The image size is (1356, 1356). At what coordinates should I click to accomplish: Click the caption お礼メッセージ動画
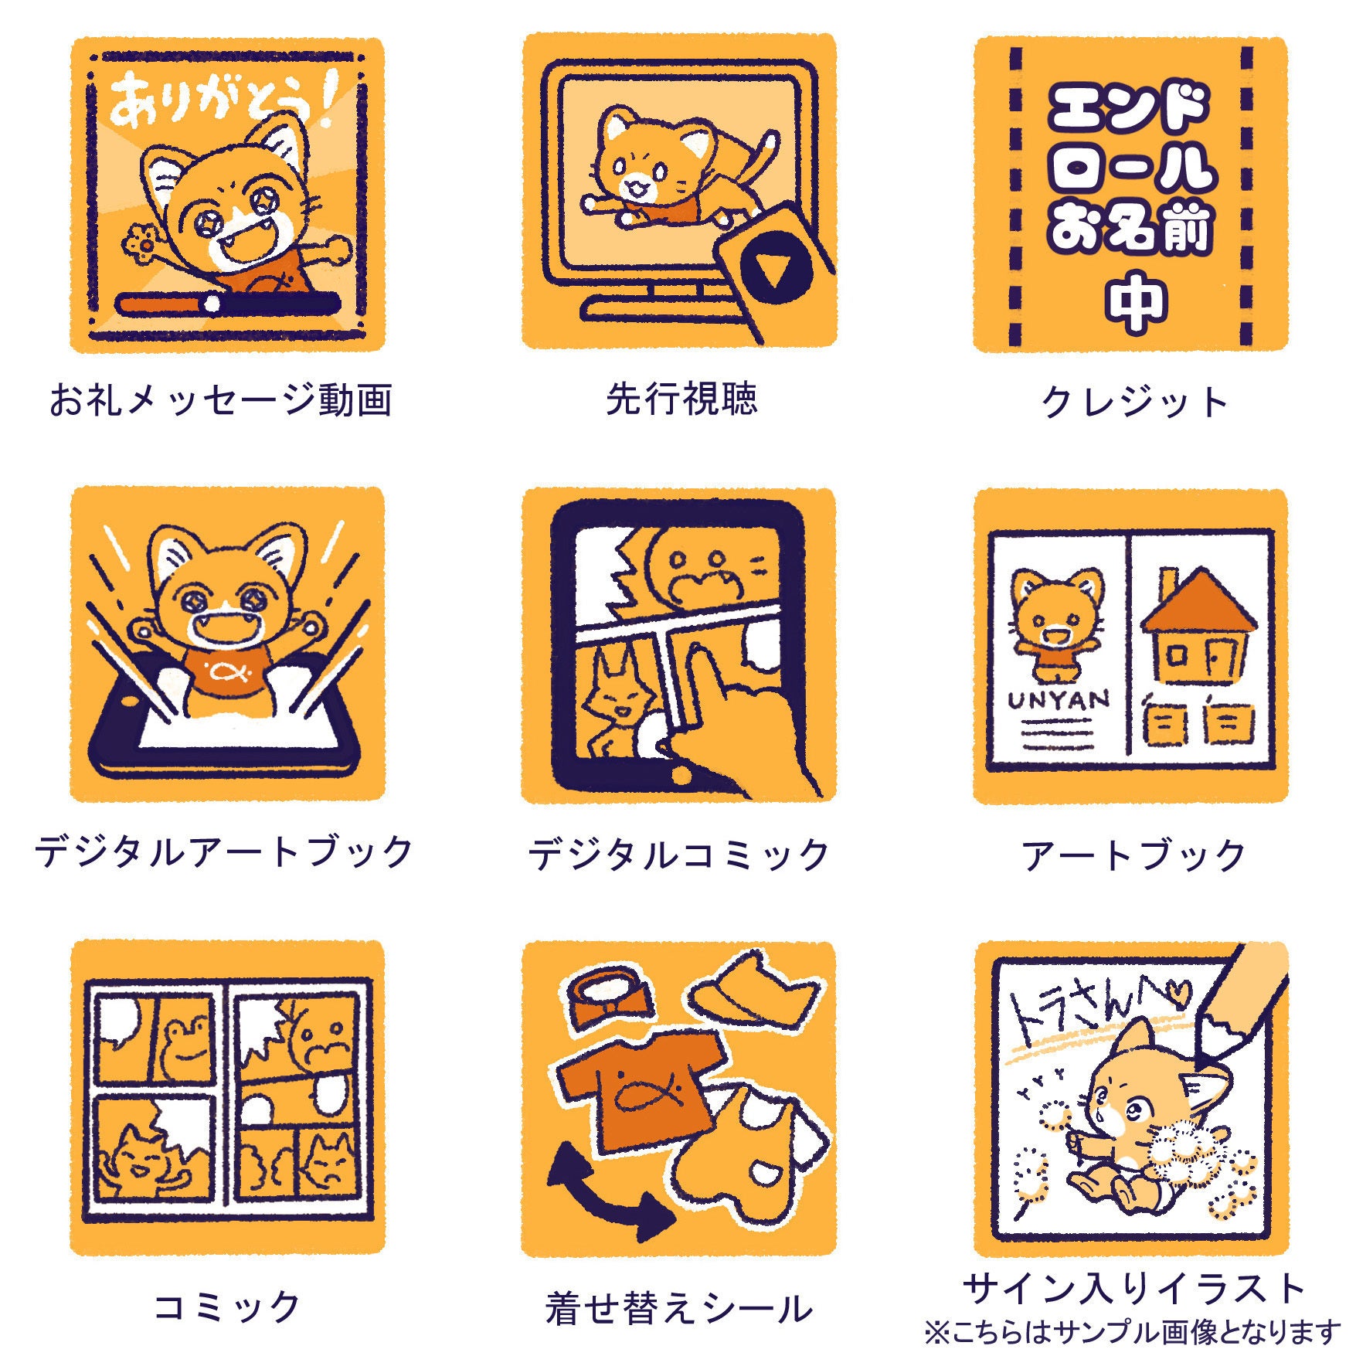click(x=221, y=400)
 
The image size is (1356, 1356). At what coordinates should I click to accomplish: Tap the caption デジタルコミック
click(x=678, y=854)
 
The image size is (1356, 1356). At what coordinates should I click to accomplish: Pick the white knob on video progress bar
click(x=211, y=304)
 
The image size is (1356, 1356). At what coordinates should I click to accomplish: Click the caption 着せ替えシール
click(x=678, y=1307)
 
